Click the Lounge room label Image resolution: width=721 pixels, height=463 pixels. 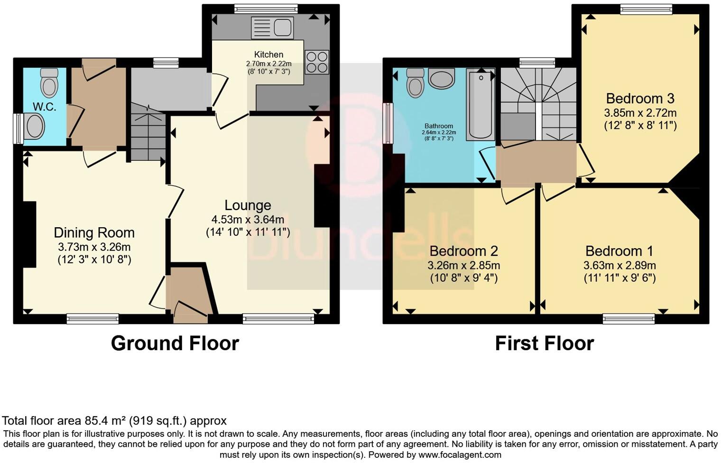248,205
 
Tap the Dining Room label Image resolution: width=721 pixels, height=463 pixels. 94,232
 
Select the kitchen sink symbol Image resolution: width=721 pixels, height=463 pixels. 272,27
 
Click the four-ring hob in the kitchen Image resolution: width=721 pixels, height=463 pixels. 317,62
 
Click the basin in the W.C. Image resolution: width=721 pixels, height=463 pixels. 34,127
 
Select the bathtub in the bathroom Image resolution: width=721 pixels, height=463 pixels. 481,104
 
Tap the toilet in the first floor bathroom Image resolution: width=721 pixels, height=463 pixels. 416,83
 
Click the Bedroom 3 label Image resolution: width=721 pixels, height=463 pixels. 640,99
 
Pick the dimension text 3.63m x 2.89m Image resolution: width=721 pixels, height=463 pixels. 619,265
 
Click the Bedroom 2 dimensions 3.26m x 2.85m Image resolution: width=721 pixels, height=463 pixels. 463,265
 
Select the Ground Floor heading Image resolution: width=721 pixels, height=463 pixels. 175,343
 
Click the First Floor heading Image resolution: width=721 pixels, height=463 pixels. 544,343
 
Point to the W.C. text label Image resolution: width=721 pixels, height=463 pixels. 44,107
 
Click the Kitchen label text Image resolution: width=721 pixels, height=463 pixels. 268,55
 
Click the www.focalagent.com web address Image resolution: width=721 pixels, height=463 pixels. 459,454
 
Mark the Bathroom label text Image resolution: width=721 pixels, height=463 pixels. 439,126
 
